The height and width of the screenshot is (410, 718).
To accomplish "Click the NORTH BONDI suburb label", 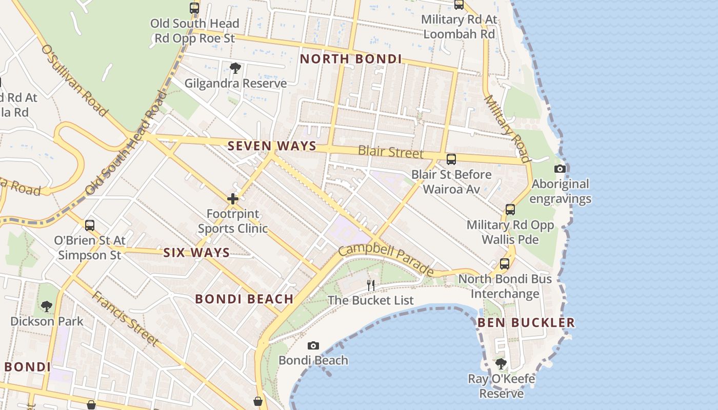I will (x=351, y=59).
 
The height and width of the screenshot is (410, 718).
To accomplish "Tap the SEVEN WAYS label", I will (x=272, y=146).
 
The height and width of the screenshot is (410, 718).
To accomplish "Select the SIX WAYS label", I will (x=196, y=253).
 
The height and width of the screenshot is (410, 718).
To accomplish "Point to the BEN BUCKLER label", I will (x=526, y=322).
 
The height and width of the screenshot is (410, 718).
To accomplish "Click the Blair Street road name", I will (x=391, y=152).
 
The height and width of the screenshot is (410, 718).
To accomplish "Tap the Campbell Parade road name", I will (x=386, y=259).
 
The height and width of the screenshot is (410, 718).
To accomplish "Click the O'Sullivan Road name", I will (x=74, y=80).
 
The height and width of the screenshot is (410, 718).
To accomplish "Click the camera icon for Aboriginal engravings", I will (x=560, y=169).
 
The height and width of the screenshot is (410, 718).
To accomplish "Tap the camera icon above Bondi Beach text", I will (x=313, y=345).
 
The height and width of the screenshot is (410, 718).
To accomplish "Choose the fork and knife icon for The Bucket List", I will (x=371, y=285).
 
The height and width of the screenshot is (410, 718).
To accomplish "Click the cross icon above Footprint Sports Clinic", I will (x=233, y=199).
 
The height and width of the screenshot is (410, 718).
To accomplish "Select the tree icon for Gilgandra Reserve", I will (x=235, y=68).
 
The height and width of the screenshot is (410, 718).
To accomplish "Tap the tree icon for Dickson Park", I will (x=47, y=306).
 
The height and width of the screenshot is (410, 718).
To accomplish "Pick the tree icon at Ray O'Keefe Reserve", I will (x=501, y=364).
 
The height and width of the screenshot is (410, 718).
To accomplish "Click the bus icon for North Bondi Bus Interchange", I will (x=505, y=264).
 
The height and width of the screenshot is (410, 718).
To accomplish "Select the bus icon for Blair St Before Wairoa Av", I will (x=451, y=159).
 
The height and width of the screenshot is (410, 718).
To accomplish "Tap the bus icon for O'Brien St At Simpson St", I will (x=90, y=225).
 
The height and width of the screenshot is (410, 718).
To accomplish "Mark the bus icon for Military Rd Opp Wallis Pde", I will (x=510, y=210).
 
